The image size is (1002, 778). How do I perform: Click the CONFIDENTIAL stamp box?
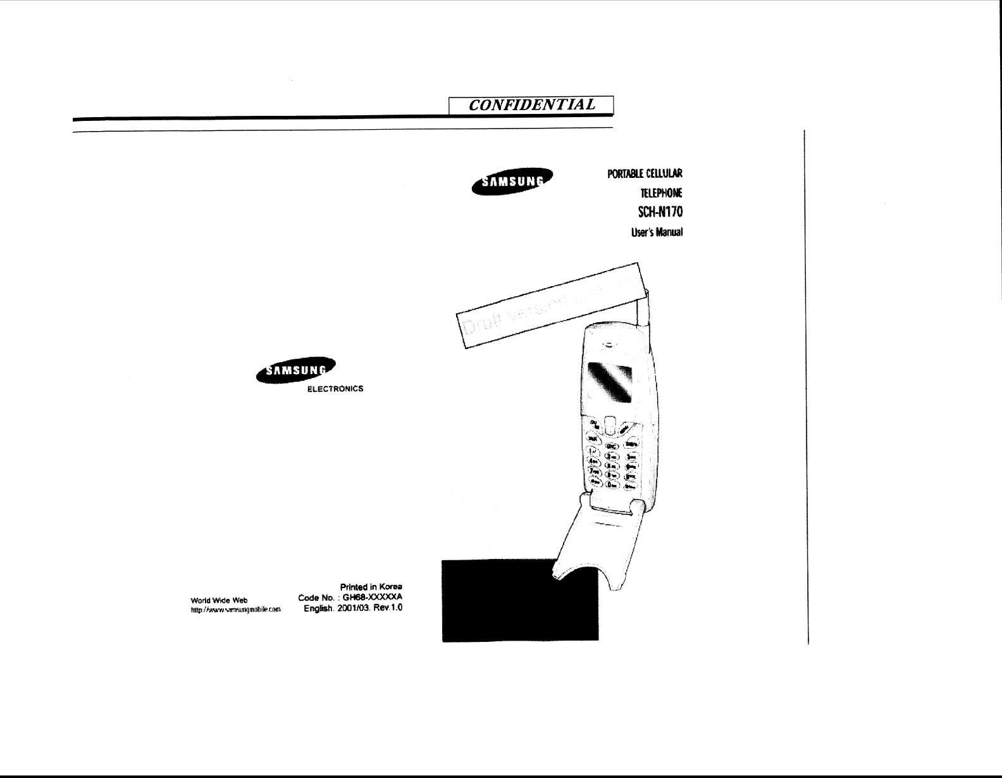531,105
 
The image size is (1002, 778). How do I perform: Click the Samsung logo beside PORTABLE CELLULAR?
512,182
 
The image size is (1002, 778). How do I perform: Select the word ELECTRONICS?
335,389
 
